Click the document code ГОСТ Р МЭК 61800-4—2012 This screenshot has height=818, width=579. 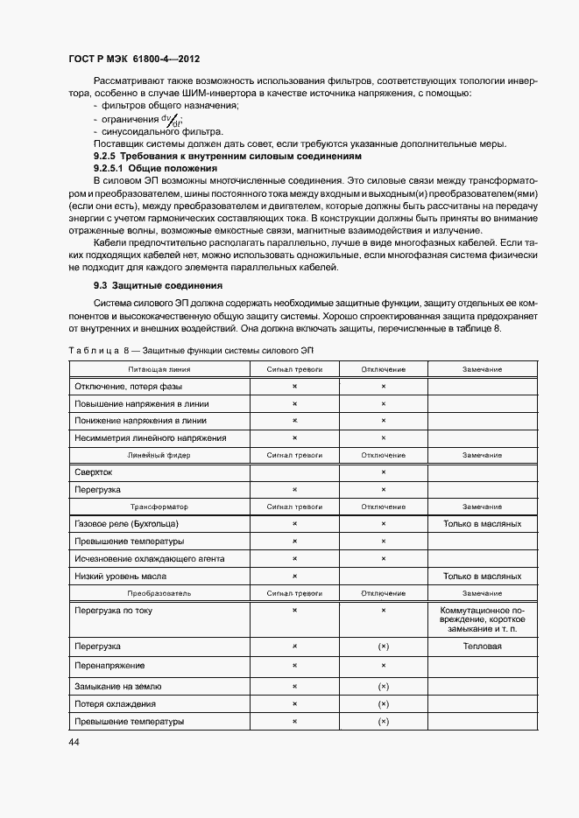click(135, 59)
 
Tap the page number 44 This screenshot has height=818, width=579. click(74, 742)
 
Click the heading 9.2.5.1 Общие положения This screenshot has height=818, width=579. click(154, 167)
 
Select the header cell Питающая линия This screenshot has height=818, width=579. click(159, 369)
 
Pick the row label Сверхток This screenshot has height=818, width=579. click(95, 472)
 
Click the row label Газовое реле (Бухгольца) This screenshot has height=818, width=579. click(127, 523)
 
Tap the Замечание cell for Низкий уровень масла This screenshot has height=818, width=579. click(482, 576)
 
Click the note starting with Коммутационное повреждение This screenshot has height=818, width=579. click(482, 619)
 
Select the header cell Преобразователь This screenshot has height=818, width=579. click(159, 592)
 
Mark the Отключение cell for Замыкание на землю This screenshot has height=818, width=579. click(383, 686)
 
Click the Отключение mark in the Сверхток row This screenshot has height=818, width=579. click(383, 472)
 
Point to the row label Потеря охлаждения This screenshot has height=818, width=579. click(116, 703)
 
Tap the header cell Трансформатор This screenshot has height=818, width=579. click(159, 507)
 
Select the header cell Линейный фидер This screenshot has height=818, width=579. click(159, 455)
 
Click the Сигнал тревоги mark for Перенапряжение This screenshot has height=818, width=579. click(294, 666)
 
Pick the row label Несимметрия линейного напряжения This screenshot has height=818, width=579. click(151, 437)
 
